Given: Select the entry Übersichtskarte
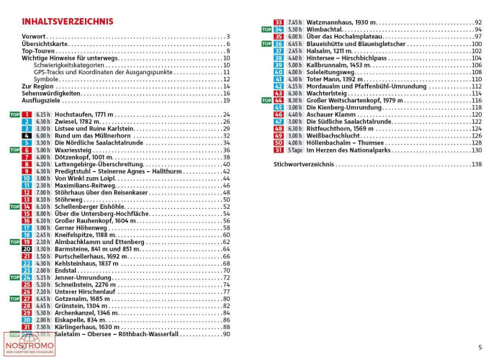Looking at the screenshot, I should pos(47,44).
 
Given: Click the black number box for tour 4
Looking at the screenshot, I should pos(27,135).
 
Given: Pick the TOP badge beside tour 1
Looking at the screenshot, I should pos(13,114).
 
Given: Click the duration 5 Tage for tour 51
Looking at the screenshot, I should pos(294,150).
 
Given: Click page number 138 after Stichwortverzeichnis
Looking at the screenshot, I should pos(476,164).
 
